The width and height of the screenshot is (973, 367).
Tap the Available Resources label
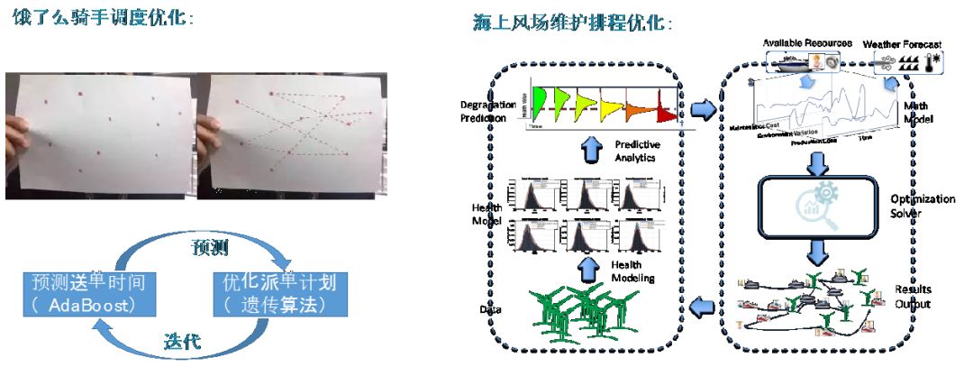coord(802,43)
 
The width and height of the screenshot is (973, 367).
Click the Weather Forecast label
coord(901,43)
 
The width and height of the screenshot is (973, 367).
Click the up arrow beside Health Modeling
coord(591,268)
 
